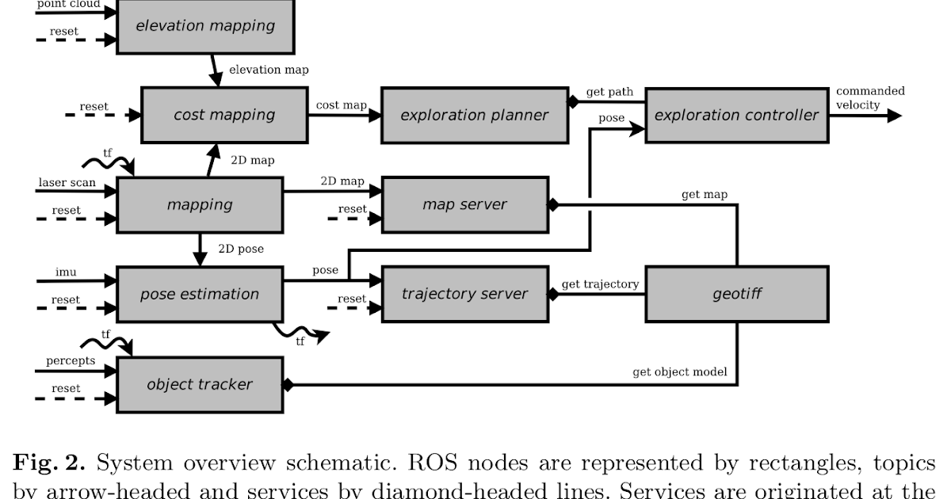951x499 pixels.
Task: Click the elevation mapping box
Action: click(205, 26)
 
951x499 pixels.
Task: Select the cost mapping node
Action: click(224, 115)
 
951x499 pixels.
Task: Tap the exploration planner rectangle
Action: click(474, 115)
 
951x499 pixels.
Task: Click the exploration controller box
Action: click(736, 115)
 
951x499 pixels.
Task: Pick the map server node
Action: click(464, 204)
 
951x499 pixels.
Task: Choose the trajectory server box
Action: click(464, 294)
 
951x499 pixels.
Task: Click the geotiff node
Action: click(737, 294)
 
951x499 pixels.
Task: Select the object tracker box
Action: click(200, 384)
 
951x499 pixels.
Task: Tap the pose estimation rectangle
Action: click(200, 294)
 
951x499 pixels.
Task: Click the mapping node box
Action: click(200, 204)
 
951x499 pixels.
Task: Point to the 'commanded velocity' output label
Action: click(869, 98)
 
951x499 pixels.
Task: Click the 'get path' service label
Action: click(609, 92)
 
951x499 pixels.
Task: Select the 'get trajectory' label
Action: click(600, 284)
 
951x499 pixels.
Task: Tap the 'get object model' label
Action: click(679, 371)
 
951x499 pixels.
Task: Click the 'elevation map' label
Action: click(269, 70)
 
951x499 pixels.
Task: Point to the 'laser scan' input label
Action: click(67, 183)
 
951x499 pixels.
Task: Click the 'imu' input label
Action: click(66, 272)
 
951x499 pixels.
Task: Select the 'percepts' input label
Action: click(70, 361)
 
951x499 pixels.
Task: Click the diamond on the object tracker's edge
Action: click(288, 385)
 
